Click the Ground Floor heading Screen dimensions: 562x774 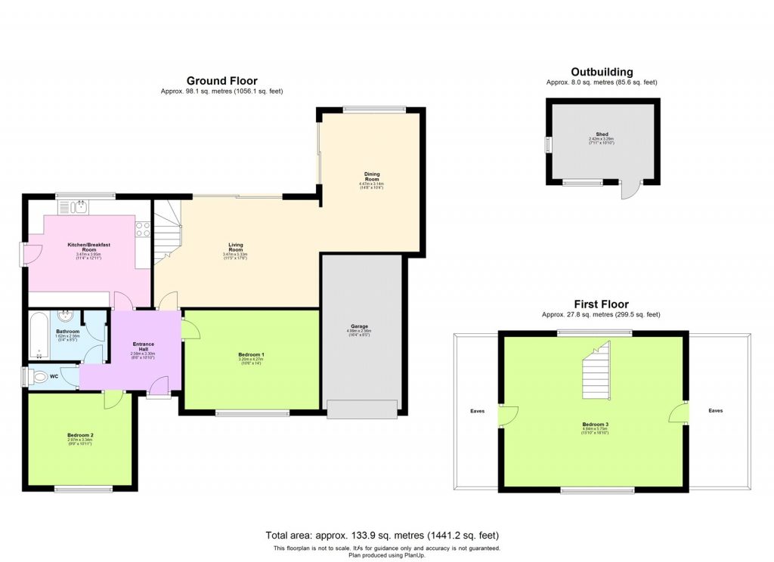(221, 81)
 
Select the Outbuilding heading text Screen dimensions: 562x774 (602, 72)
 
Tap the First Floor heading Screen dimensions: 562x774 (601, 304)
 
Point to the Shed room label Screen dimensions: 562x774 (602, 134)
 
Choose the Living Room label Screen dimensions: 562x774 (236, 246)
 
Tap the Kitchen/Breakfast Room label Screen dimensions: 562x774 (89, 247)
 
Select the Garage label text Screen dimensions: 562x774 (359, 326)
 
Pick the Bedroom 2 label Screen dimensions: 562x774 (80, 436)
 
